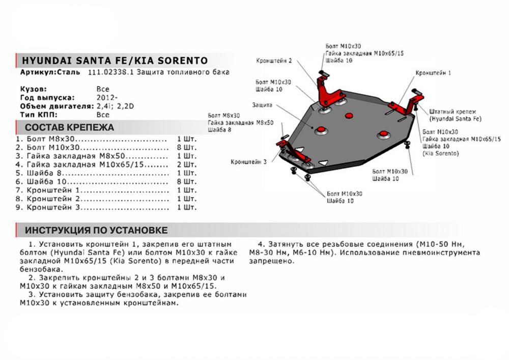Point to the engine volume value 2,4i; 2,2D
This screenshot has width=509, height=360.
pyautogui.click(x=119, y=106)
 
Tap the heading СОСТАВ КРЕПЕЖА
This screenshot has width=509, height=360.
pyautogui.click(x=70, y=127)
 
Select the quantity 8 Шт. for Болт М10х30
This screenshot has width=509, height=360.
pyautogui.click(x=186, y=148)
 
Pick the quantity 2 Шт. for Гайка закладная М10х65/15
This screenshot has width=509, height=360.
pyautogui.click(x=186, y=165)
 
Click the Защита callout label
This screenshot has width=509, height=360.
pyautogui.click(x=262, y=105)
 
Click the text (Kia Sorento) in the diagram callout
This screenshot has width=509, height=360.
pyautogui.click(x=441, y=153)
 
